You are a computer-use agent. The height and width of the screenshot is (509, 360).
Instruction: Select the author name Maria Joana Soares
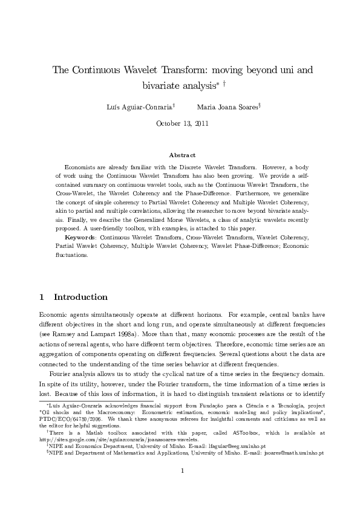224,106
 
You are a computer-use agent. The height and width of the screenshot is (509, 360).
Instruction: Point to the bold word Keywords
80,238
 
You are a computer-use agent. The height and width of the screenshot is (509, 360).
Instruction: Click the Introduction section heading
81,297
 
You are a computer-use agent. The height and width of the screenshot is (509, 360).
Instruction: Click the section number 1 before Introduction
41,297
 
